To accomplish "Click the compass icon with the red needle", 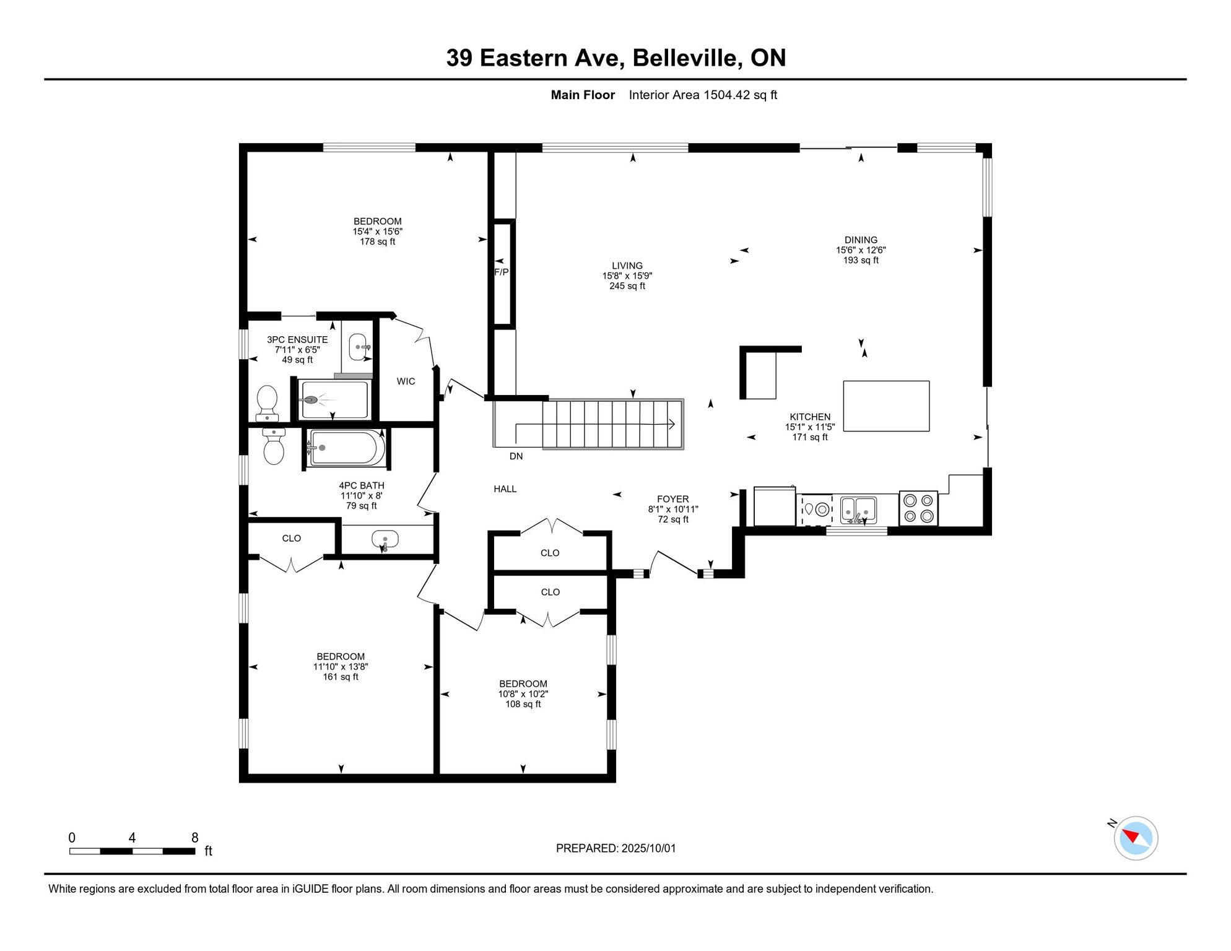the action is click(x=1136, y=838).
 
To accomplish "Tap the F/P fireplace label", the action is click(x=501, y=272).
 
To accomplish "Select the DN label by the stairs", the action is click(x=516, y=456).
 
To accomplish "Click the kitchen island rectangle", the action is click(x=886, y=406).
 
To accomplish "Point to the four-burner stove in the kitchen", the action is click(x=918, y=508).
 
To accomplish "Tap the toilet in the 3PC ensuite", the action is click(x=267, y=403).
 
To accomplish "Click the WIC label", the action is click(x=406, y=381).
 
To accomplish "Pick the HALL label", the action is click(x=505, y=489).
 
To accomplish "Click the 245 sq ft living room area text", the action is click(x=627, y=286).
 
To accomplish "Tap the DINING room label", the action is click(x=861, y=240).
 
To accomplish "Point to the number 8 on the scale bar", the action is click(x=194, y=838).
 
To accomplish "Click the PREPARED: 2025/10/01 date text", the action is click(x=615, y=848).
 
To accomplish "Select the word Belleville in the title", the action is click(x=687, y=58).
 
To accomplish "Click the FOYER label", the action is click(x=673, y=499).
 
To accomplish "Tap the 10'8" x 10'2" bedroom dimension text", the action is click(x=523, y=694).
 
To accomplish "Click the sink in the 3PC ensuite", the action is click(x=358, y=347).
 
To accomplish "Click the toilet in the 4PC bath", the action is click(x=274, y=446).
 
